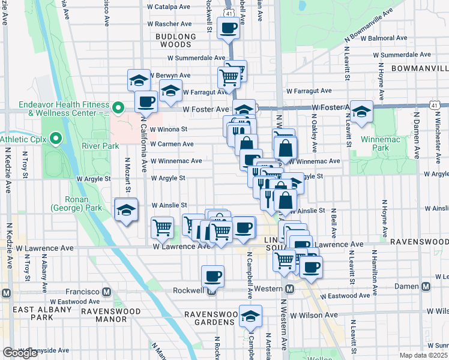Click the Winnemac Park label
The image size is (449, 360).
(374, 148)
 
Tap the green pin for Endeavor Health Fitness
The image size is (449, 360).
(119, 109)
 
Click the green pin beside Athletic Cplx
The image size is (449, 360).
(56, 139)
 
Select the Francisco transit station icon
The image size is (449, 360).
(106, 292)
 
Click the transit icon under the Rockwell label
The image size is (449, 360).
(211, 292)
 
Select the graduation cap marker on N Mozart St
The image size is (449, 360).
(126, 210)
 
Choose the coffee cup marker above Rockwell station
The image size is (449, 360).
(212, 276)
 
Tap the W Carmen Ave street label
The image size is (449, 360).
(172, 144)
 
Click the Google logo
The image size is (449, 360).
(20, 353)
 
